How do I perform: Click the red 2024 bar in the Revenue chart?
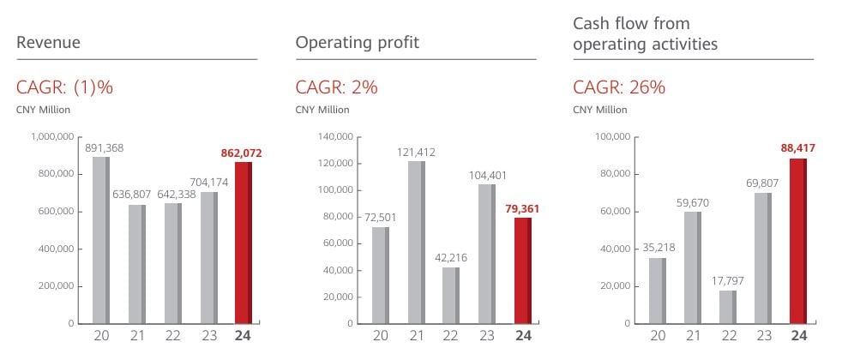(243, 243)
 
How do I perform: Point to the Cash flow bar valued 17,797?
(728, 306)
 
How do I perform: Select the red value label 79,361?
(522, 208)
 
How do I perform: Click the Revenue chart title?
(48, 43)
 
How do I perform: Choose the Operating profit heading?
(357, 42)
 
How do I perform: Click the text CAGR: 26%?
(619, 87)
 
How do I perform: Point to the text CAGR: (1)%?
(64, 87)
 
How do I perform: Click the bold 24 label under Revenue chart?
(243, 336)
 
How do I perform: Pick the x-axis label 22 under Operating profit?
(451, 336)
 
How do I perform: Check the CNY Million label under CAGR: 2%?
(322, 109)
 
